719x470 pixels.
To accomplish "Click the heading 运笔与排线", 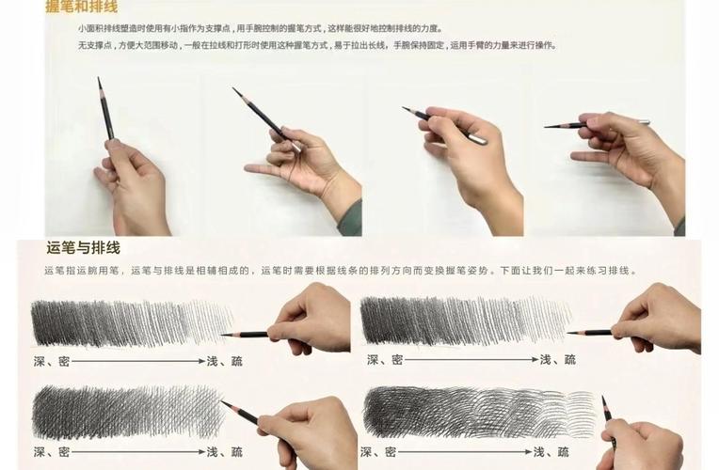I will pos(83,249).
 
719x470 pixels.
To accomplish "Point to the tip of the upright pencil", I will pos(99,81).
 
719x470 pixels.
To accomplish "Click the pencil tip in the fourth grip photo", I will pos(546,126).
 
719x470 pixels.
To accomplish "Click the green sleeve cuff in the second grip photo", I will pos(350,219).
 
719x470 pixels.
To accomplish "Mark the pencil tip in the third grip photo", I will pos(405,108).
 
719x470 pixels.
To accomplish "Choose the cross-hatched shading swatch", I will pos(127,413).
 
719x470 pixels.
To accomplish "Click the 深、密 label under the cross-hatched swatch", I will pos(51,452).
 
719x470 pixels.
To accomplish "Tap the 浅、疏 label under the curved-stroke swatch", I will pos(557,452).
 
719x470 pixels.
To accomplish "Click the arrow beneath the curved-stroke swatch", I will pos(471,452).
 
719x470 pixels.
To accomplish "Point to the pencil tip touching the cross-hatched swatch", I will pos(223,402).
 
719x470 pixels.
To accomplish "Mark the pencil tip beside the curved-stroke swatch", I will pos(603,399).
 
